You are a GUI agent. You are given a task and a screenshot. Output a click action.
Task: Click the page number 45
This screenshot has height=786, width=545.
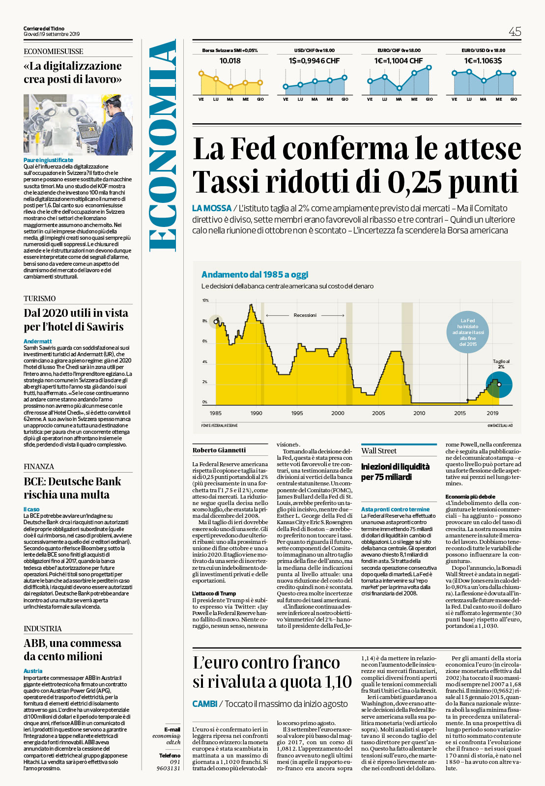[515, 32]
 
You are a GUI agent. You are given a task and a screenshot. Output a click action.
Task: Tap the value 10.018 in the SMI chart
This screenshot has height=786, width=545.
[230, 61]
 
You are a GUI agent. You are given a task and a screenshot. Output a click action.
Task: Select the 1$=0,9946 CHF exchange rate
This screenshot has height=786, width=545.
[314, 61]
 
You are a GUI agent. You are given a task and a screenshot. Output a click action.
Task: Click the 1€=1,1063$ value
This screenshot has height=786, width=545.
[483, 61]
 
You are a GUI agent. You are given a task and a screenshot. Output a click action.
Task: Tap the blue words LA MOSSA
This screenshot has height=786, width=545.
[211, 208]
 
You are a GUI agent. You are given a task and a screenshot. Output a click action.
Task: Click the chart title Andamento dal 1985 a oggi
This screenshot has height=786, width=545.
[255, 275]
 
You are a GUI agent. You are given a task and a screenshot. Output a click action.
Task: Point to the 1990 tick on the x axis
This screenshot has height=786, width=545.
[256, 413]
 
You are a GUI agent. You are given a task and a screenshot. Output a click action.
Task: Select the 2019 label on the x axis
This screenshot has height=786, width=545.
[492, 413]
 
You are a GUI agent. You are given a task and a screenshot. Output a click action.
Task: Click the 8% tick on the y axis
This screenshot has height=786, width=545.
[205, 321]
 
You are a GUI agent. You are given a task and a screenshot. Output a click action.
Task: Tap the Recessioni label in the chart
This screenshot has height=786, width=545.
[305, 315]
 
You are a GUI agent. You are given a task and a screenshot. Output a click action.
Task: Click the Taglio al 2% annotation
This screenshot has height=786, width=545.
[501, 364]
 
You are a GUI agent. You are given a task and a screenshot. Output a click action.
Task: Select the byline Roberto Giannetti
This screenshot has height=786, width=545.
[219, 450]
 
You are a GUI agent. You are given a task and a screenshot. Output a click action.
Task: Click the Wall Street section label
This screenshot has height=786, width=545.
[378, 451]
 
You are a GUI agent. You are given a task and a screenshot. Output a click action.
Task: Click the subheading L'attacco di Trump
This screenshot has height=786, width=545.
[214, 593]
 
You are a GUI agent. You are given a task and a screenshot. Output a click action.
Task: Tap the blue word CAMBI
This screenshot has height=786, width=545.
[204, 704]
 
